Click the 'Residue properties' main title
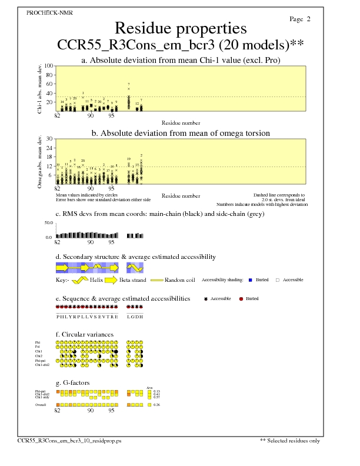pyautogui.click(x=180, y=28)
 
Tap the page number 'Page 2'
pyautogui.click(x=300, y=19)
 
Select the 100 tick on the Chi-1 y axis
pyautogui.click(x=49, y=66)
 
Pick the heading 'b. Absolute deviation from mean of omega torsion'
pyautogui.click(x=180, y=133)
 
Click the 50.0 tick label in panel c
pyautogui.click(x=49, y=223)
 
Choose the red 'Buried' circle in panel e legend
pyautogui.click(x=241, y=299)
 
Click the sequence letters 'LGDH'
pyautogui.click(x=135, y=316)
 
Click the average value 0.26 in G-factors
pyautogui.click(x=156, y=405)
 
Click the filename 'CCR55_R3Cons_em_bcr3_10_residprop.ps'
pyautogui.click(x=69, y=440)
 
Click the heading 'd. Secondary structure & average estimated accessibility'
pyautogui.click(x=135, y=257)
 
